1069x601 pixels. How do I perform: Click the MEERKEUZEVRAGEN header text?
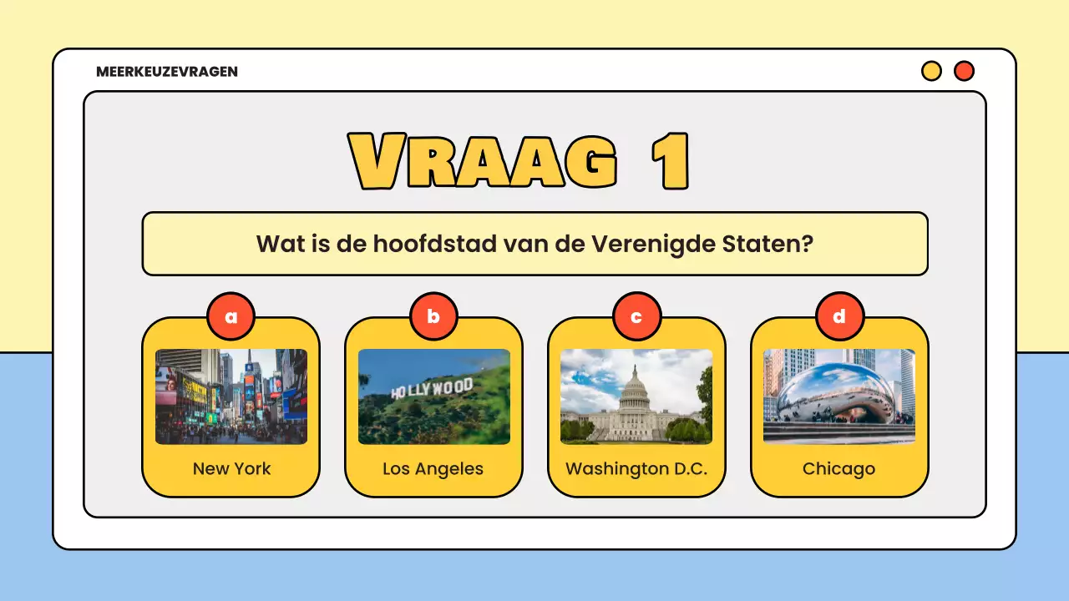click(167, 72)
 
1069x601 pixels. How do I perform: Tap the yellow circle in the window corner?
click(931, 71)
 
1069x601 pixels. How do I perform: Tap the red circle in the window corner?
click(964, 71)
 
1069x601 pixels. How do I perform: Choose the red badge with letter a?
click(231, 316)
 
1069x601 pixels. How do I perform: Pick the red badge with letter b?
click(433, 316)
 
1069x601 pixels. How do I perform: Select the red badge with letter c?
click(636, 316)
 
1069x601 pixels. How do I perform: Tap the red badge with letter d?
click(839, 316)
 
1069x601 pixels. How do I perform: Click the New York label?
click(231, 468)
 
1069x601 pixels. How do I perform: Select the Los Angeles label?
click(433, 468)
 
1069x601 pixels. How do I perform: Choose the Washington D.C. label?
click(636, 468)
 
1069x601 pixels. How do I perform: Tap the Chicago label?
click(838, 468)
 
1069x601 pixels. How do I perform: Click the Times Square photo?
click(231, 396)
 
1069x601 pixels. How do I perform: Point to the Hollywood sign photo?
click(433, 396)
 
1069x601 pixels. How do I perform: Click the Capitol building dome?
click(635, 386)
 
